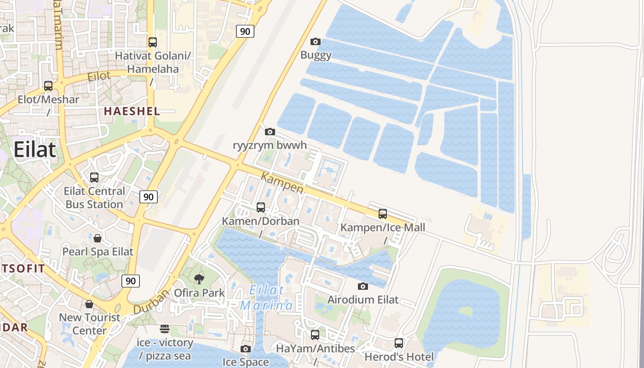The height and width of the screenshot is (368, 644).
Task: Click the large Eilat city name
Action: coord(34,149)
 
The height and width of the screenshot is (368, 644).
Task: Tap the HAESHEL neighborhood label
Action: coord(132,111)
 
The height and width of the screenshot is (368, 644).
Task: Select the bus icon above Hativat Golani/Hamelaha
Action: coord(153,42)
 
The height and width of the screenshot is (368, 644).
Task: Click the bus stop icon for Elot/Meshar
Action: coord(48,86)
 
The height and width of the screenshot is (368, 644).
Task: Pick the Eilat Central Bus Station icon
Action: coord(94,178)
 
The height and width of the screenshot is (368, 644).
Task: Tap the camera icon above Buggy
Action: coord(316,42)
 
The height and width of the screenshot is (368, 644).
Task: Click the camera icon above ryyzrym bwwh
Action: coord(270,132)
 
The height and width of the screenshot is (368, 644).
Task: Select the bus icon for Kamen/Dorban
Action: coord(261,207)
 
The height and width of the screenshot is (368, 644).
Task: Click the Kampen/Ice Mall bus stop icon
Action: coord(383,214)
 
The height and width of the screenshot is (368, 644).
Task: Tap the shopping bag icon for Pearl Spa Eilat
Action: coord(98,238)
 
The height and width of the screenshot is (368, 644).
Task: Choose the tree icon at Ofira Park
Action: coord(199,279)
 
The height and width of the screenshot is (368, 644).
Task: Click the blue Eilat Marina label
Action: coord(267,298)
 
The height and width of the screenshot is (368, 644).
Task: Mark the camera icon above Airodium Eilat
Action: coord(363,287)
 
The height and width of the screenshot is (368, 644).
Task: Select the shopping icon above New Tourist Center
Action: coord(89,304)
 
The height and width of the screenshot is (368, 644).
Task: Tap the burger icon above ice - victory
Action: coord(165,329)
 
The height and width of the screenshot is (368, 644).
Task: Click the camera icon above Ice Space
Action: coord(246,349)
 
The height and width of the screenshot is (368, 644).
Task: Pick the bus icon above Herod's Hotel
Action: coord(399,343)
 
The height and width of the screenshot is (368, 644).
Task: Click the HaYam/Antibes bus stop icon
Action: coord(315,335)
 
